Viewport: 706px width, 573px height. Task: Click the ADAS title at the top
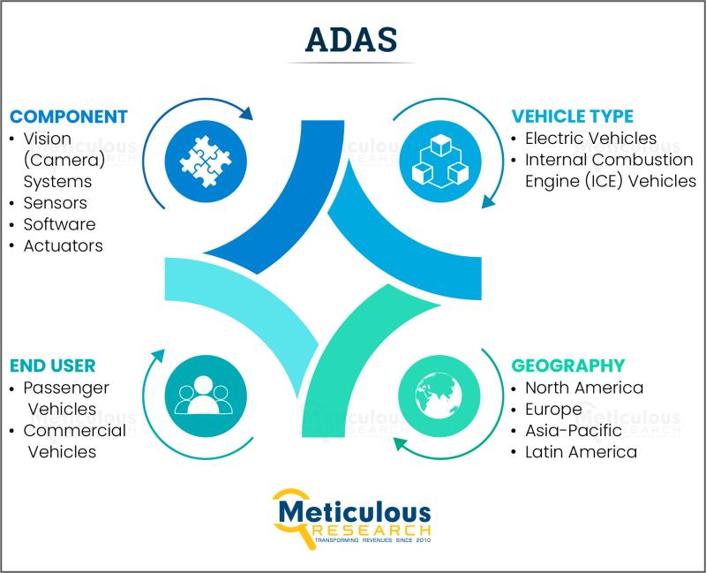pos(350,40)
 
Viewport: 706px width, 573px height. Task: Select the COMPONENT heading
pos(69,117)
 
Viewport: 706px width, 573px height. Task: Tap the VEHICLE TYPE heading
pos(572,117)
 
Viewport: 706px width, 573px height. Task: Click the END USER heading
pos(53,366)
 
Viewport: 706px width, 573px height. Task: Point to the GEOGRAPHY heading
pos(568,366)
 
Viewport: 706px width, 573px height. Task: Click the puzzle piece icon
pos(206,162)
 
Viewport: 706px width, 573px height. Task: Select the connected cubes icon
pos(440,162)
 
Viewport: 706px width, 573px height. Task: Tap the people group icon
pos(204,395)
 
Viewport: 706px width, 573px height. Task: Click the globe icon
pos(439,396)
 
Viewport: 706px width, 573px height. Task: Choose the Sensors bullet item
pos(56,203)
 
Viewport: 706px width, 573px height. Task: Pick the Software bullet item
pos(59,224)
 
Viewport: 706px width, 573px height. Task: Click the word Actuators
pos(63,246)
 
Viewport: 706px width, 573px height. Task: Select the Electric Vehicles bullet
pos(590,139)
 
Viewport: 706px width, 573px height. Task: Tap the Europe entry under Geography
pos(553,410)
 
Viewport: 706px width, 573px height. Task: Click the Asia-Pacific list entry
pos(574,431)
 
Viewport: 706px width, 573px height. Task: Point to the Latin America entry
pos(581,452)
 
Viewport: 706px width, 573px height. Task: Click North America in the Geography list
pos(584,388)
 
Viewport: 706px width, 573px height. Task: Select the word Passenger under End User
pos(66,388)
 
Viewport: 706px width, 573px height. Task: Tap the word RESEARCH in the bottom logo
pos(371,530)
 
